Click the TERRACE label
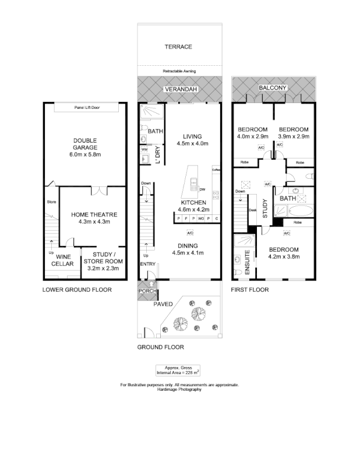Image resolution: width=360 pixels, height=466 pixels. [178, 47]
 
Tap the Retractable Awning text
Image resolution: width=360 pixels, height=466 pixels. [179, 71]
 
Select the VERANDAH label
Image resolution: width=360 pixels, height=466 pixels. [180, 89]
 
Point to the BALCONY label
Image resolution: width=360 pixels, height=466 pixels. [273, 88]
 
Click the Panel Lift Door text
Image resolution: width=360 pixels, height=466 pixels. [87, 108]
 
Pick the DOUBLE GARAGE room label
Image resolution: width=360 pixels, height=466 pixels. [85, 147]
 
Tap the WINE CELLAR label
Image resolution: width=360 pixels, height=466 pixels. [64, 260]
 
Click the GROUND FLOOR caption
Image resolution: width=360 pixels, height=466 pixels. [160, 347]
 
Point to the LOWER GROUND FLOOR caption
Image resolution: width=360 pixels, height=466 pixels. [77, 290]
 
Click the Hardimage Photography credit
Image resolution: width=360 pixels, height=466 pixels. [179, 389]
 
